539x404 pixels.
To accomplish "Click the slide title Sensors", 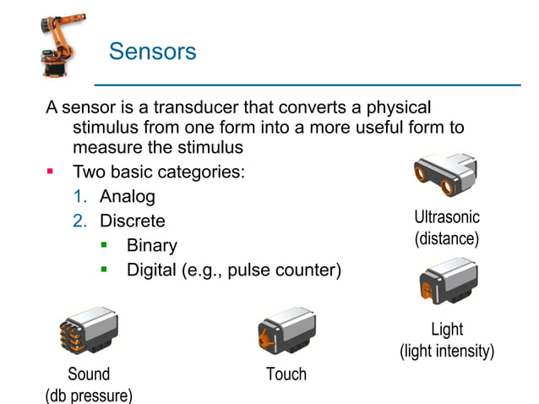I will coord(152,52).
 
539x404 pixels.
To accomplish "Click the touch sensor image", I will coord(286,331).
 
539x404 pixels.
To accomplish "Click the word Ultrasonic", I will coord(447,218).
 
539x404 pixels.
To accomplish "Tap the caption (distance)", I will coord(447,239).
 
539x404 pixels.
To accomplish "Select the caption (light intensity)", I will coord(447,351).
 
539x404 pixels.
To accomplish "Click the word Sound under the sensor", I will coord(89,374).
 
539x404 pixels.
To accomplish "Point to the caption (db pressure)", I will coord(89,395).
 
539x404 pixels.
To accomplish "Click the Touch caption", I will coord(286,374).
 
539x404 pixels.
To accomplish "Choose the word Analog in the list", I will coord(128,197).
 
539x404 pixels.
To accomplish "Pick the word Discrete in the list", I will coord(133,221).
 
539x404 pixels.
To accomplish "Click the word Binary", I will coord(152,246).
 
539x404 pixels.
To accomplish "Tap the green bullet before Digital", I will coord(105,270).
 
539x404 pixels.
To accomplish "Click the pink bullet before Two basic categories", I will coord(50,172).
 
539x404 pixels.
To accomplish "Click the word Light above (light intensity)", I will coord(447,330).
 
